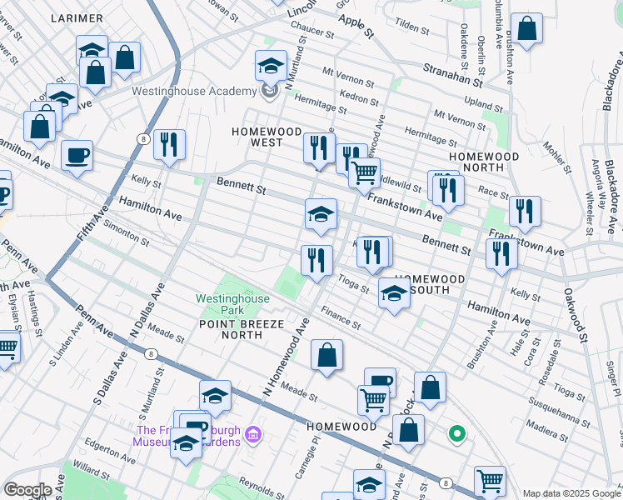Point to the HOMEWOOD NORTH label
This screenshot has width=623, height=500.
(x=483, y=162)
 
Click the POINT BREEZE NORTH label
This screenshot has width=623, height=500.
(x=231, y=328)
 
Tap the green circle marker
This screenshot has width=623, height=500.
(x=456, y=432)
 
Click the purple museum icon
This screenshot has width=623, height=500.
(x=255, y=434)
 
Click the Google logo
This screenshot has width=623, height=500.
(x=27, y=490)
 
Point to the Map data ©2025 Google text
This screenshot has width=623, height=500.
(x=571, y=493)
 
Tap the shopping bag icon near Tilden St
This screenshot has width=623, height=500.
(x=526, y=29)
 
